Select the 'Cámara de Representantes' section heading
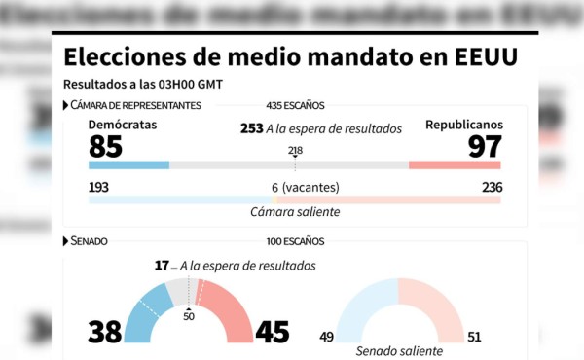(x=135, y=105)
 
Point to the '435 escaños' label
(x=295, y=105)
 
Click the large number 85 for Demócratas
(x=105, y=146)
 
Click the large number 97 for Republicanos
(x=485, y=146)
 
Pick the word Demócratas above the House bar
(x=122, y=126)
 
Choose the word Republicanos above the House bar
(x=464, y=126)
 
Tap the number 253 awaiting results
(x=251, y=128)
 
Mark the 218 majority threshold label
(x=295, y=150)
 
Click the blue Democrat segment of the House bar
(x=128, y=165)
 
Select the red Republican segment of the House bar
(x=455, y=165)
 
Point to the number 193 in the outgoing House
(x=99, y=187)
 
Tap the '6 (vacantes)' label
(x=295, y=187)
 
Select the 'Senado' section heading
(x=89, y=240)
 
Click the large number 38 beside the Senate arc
(x=105, y=332)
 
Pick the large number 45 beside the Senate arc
(x=272, y=332)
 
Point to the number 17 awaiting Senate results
(x=162, y=265)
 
